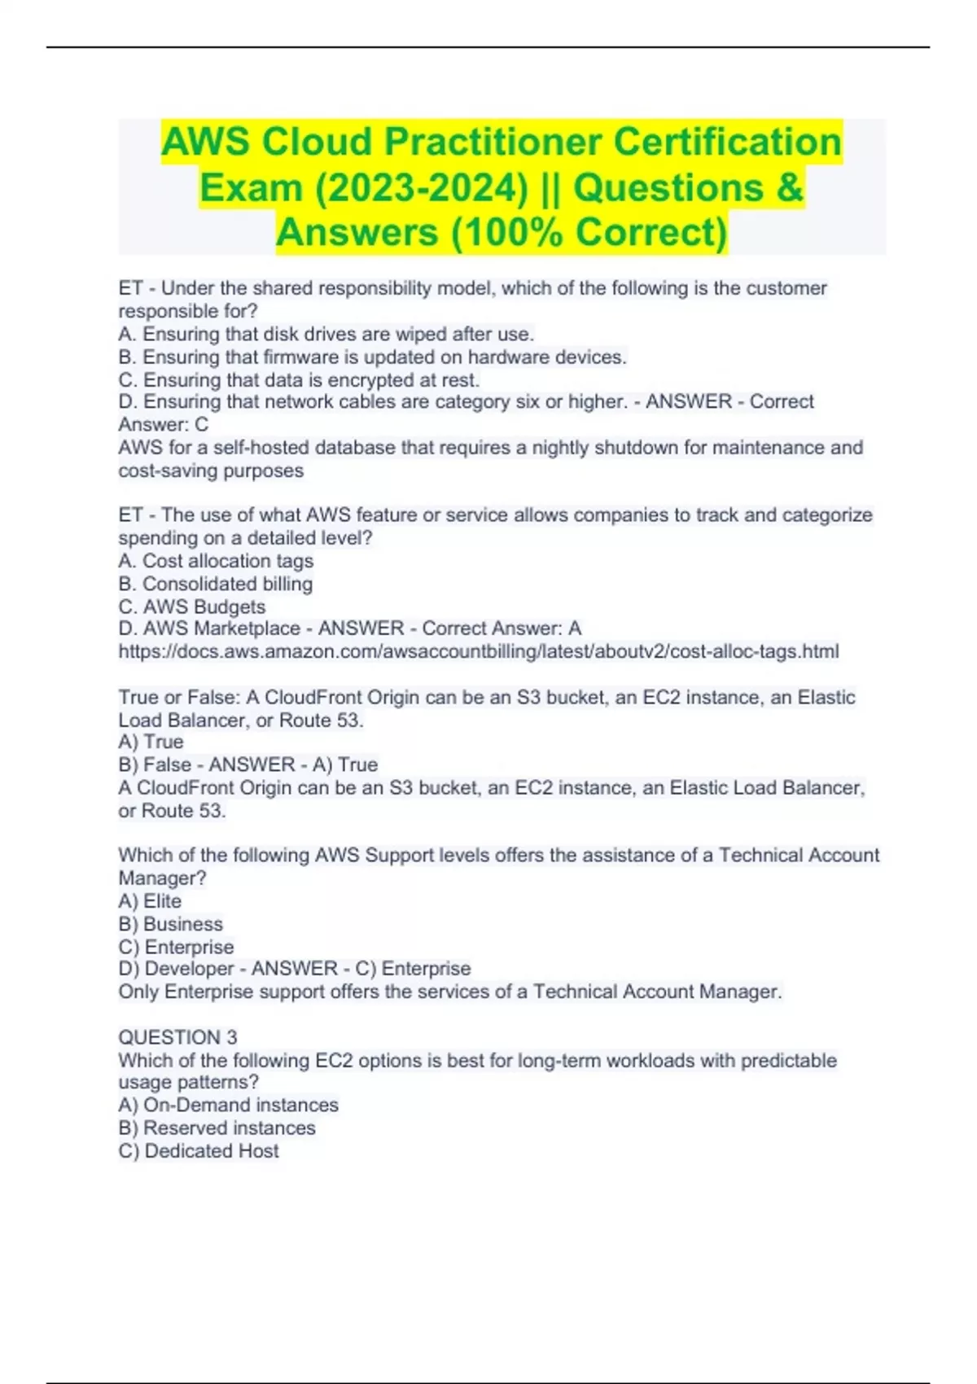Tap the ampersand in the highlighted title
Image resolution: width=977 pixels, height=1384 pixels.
pyautogui.click(x=789, y=187)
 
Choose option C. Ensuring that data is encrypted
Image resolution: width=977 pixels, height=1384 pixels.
pyautogui.click(x=299, y=380)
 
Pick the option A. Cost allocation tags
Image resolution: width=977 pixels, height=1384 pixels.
pyautogui.click(x=216, y=561)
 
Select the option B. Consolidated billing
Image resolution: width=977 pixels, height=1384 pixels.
pyautogui.click(x=216, y=584)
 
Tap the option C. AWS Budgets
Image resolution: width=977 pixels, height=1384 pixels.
pyautogui.click(x=192, y=607)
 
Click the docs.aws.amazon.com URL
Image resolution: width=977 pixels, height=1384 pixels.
pyautogui.click(x=479, y=651)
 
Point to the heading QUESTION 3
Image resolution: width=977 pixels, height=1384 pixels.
pyautogui.click(x=177, y=1037)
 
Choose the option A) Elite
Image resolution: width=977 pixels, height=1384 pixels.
pyautogui.click(x=150, y=901)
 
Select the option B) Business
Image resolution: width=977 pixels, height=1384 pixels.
pyautogui.click(x=170, y=924)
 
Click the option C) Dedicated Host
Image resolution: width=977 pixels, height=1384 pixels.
pyautogui.click(x=199, y=1151)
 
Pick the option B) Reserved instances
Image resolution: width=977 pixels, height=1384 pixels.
pyautogui.click(x=217, y=1128)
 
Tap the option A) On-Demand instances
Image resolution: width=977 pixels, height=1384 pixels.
pyautogui.click(x=228, y=1105)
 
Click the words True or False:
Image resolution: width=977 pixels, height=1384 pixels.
pyautogui.click(x=180, y=698)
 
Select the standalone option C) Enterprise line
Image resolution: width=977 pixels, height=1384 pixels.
pyautogui.click(x=176, y=947)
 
